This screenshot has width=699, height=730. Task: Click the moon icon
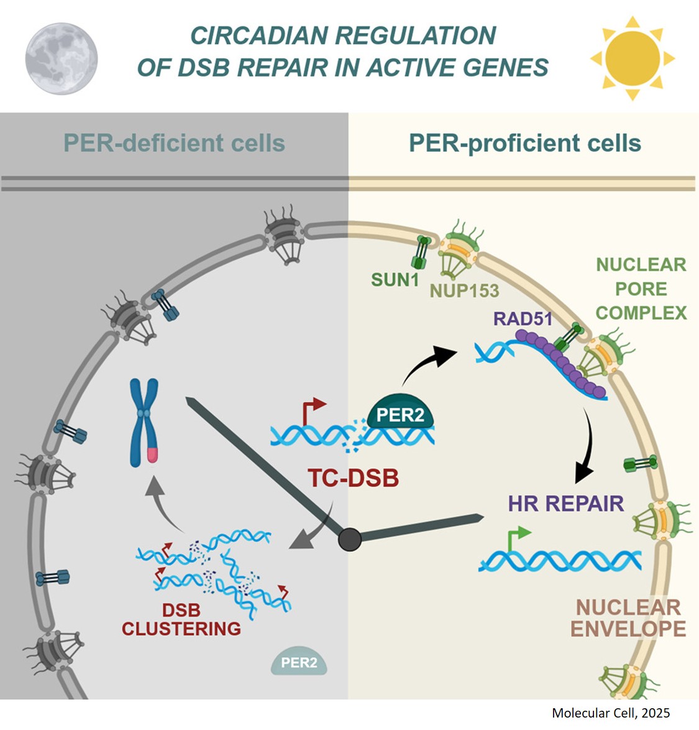tap(61, 59)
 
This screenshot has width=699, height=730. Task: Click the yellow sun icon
tap(632, 58)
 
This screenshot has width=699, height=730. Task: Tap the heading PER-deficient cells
tap(174, 143)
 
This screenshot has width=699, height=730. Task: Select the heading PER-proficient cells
tap(524, 143)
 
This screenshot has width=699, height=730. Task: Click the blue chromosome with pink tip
tap(144, 423)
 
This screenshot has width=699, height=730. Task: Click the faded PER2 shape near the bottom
tap(298, 663)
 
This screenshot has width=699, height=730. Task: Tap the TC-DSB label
tap(353, 478)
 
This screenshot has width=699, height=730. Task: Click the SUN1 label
tap(395, 280)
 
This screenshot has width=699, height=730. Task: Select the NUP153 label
tap(464, 290)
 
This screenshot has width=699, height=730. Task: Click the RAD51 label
tap(523, 319)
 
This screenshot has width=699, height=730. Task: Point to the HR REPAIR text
tap(565, 503)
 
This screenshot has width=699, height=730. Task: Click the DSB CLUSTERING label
tap(181, 620)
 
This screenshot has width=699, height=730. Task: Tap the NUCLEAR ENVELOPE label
tap(628, 617)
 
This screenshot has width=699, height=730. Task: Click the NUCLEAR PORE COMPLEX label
tap(641, 289)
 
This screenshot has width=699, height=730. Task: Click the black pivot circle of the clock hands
tap(350, 539)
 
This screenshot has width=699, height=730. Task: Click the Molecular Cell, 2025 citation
tap(611, 713)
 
